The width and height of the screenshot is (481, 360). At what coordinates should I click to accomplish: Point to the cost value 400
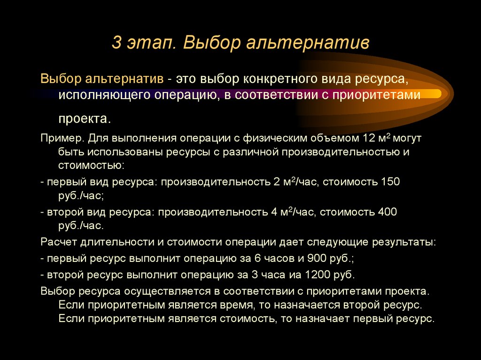(388, 212)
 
